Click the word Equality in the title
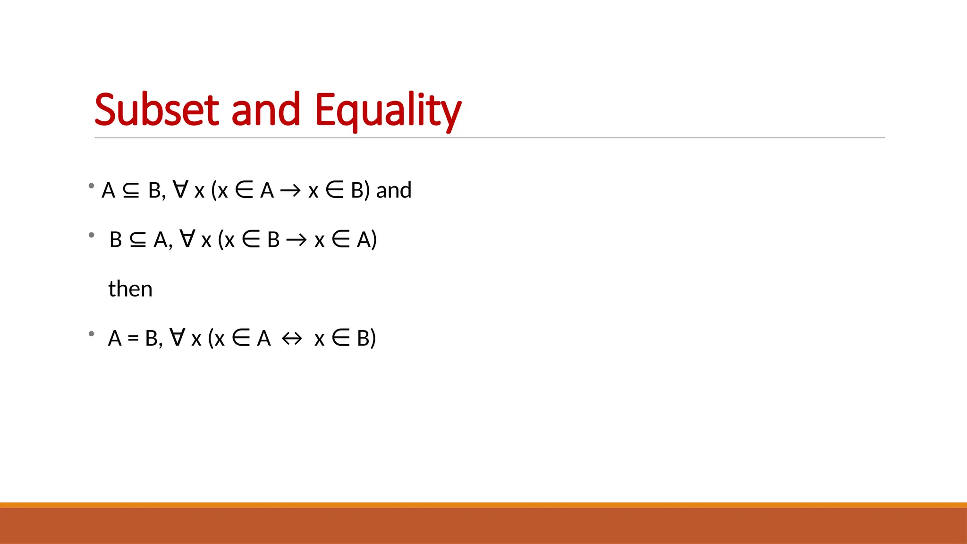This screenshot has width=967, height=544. point(388,111)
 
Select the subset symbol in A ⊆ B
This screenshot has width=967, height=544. point(131,190)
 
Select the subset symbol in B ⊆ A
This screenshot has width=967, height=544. point(138,240)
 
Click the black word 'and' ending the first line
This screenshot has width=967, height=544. point(394,190)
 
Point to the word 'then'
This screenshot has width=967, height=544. point(130,289)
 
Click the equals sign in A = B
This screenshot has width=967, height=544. point(133,339)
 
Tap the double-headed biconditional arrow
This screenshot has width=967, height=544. point(291,339)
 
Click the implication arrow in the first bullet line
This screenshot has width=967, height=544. point(290,191)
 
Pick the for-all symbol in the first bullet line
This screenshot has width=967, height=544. point(181,189)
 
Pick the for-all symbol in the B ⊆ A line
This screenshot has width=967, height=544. point(187,238)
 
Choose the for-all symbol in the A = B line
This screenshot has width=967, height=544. point(178,337)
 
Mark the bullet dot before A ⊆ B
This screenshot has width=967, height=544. point(92,186)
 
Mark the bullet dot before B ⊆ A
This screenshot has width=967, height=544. point(92,235)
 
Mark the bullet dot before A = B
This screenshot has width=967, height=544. point(92,334)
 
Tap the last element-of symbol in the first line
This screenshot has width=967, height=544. point(335,190)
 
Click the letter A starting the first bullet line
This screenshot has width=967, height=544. point(109,190)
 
